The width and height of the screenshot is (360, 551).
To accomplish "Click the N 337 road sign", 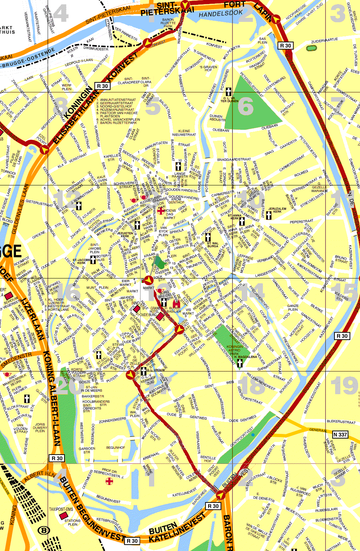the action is point(340,434).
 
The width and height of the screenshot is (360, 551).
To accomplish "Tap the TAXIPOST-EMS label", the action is point(61,509).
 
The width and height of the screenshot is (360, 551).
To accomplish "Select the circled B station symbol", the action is point(44,530).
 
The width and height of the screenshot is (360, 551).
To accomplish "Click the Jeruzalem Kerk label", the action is point(277,210).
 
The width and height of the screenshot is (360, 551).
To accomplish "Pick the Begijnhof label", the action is point(116,448).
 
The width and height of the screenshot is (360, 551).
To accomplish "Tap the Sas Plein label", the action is point(262,40).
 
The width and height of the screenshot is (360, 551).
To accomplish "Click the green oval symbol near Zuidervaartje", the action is point(311,48).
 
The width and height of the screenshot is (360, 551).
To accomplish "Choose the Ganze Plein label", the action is point(293,307).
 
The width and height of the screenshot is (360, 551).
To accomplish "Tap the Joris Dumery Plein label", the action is point(40,428).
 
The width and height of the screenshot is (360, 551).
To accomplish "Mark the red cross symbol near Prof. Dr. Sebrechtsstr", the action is point(109,481).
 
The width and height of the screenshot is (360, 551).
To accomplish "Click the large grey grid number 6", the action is point(245,106).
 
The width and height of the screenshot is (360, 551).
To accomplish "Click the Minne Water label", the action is point(148,469).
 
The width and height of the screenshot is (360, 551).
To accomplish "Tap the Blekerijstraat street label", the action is point(341,422).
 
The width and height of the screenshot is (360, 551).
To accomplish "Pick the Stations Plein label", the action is point(73,522).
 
